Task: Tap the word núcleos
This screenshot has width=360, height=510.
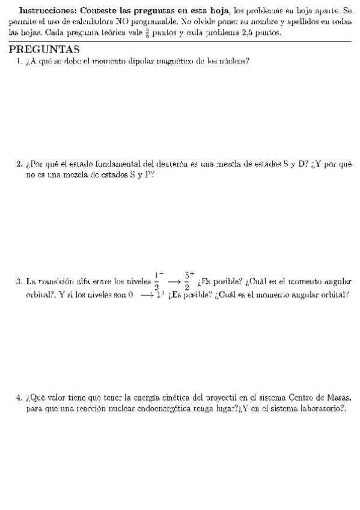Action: tap(235, 61)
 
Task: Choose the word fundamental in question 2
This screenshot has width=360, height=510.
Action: tap(120, 164)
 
